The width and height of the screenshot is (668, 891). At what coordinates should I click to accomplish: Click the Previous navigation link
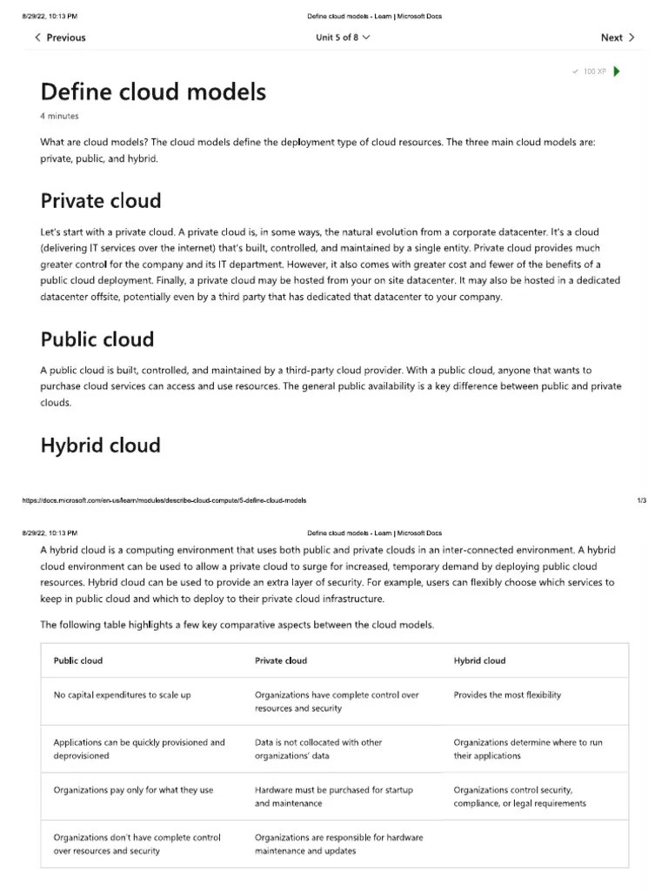[60, 37]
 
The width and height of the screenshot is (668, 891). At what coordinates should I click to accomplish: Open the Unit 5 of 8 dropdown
[343, 37]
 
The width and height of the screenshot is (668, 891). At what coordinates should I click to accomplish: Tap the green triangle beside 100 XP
[617, 71]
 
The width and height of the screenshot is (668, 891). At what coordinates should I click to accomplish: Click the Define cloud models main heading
[153, 91]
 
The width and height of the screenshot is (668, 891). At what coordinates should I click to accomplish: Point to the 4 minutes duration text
[59, 116]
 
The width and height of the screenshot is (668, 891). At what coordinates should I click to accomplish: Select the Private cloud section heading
[101, 201]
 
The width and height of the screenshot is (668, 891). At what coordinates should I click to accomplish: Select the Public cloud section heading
[97, 339]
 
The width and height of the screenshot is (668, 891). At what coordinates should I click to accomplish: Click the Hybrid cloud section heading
[100, 445]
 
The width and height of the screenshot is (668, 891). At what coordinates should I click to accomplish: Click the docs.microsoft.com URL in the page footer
[164, 500]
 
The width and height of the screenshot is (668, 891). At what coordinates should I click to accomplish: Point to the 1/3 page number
[642, 500]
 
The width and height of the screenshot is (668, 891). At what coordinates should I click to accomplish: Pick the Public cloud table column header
[78, 660]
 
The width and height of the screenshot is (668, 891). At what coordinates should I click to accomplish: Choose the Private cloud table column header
[280, 660]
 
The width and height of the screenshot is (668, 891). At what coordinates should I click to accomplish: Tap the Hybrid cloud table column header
[479, 660]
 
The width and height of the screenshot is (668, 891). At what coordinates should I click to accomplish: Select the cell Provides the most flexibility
[507, 695]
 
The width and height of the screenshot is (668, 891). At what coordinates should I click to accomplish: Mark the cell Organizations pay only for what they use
[133, 790]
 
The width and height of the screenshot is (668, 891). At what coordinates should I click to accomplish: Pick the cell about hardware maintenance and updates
[338, 844]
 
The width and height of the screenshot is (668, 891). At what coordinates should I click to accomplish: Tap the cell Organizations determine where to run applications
[527, 749]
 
